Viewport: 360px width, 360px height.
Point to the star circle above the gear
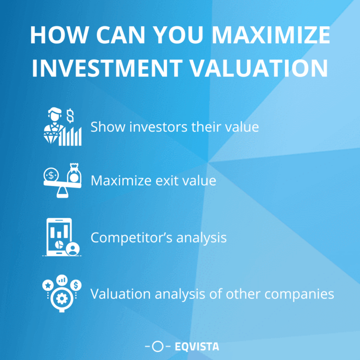47,285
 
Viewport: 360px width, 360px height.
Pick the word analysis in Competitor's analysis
202,238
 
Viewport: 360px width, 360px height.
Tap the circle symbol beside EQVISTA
158,347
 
